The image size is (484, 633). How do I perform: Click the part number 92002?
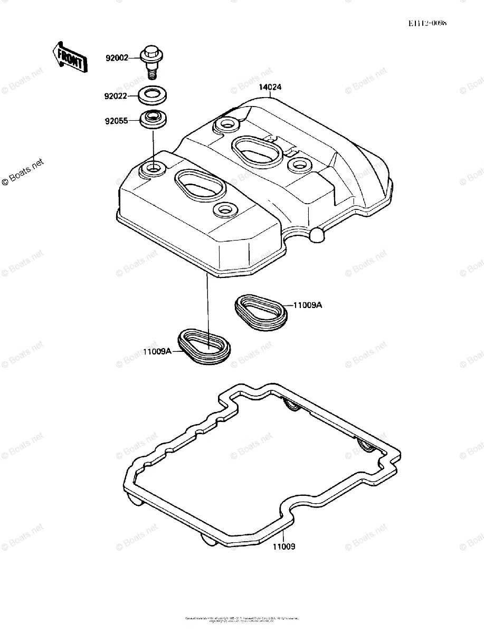[x=117, y=58]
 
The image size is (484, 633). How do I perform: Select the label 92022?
[x=116, y=96]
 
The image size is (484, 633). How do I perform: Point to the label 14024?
[x=270, y=88]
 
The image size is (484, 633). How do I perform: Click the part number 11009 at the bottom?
[x=284, y=546]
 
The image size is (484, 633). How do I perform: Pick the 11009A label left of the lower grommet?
[x=156, y=351]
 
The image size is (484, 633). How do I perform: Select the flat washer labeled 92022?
[x=153, y=96]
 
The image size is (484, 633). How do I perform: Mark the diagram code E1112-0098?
[x=427, y=24]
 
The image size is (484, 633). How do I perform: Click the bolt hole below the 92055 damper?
[x=154, y=169]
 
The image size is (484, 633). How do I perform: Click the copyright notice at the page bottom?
[x=242, y=619]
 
